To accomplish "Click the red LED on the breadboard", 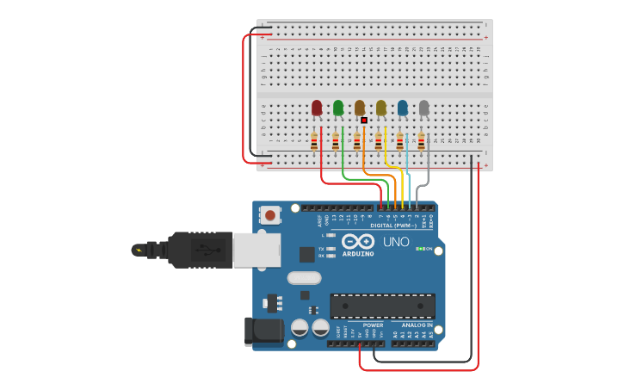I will click(317, 108).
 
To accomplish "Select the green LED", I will click(338, 108).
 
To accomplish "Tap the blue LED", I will click(402, 108).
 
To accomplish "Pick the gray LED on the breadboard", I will click(423, 108).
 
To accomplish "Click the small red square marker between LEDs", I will click(364, 121).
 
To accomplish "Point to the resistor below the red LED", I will click(314, 142).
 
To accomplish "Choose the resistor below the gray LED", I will click(421, 142).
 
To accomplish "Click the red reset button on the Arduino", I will click(270, 215).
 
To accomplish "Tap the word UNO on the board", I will click(396, 242).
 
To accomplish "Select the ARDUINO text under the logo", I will click(358, 254).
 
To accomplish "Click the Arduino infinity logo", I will click(358, 241).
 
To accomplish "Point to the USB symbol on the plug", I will click(202, 250).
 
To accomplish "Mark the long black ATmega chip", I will click(382, 306).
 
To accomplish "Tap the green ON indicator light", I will click(419, 249).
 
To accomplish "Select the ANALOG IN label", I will click(417, 325).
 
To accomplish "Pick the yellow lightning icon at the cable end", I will click(138, 251).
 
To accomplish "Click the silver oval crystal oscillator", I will click(304, 278).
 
